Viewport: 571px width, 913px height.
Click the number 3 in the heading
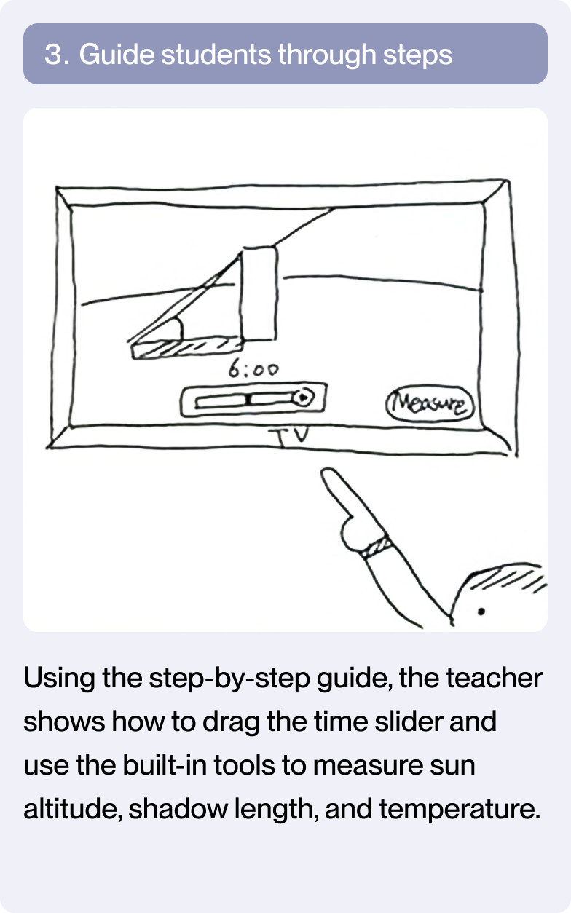coord(53,54)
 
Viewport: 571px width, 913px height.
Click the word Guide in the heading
coord(117,54)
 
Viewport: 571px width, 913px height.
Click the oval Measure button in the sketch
coord(430,403)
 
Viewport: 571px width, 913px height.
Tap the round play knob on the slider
coord(303,397)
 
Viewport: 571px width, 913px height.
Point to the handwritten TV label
coord(291,435)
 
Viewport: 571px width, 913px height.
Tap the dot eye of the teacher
coord(481,612)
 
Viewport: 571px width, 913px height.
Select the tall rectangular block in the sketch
coord(259,293)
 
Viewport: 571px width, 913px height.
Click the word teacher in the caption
coord(494,677)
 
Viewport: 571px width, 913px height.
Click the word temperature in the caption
coord(460,809)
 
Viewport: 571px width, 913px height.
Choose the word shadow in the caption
coord(178,808)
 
